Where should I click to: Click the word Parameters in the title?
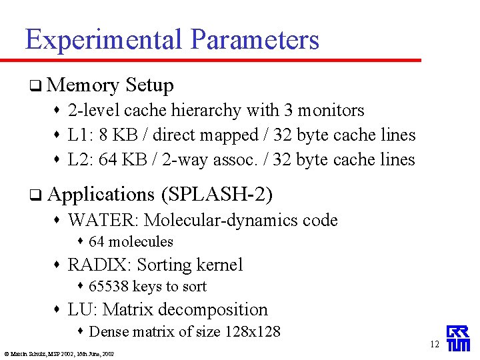255,41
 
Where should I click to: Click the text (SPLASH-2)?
217,195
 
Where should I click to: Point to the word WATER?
103,221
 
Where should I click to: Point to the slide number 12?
435,345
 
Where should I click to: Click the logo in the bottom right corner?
458,339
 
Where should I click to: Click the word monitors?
331,111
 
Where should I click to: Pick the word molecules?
140,242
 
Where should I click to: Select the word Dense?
108,331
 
